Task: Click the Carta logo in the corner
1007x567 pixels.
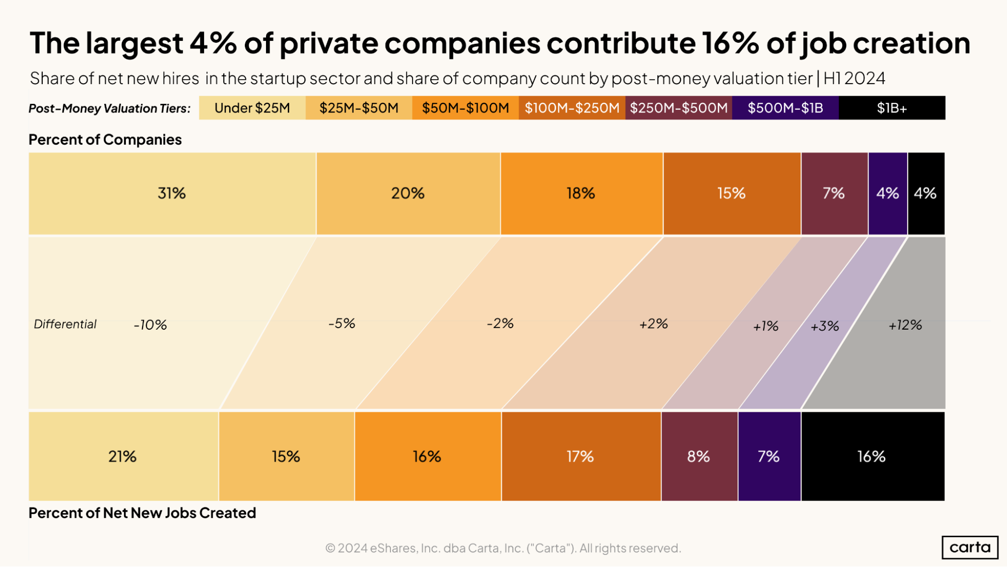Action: coord(970,547)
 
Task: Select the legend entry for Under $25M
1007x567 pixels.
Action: coord(252,108)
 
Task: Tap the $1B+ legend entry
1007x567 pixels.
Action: coord(892,108)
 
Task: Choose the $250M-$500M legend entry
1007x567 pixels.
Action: coord(679,108)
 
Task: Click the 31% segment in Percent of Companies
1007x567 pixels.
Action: coord(172,194)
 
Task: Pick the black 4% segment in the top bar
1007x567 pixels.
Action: coord(926,194)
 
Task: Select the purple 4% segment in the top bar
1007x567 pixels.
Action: coord(888,194)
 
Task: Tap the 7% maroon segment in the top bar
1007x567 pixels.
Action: coord(834,194)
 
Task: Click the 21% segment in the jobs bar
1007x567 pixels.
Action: coord(123,457)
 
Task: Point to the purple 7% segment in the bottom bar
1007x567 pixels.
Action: coord(769,457)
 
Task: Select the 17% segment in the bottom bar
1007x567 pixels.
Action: coord(580,457)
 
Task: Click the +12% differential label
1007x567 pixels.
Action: coord(905,325)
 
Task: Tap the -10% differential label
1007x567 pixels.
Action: coord(150,325)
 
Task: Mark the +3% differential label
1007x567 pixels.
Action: coord(825,327)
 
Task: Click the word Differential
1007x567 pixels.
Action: coord(65,324)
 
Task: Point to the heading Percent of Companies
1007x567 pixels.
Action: coord(105,140)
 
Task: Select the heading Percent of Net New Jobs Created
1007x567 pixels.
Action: coord(142,513)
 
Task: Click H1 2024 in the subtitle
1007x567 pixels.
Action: coord(854,79)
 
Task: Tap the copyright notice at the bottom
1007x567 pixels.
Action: coord(503,548)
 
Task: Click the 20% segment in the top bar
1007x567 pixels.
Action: coord(408,194)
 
